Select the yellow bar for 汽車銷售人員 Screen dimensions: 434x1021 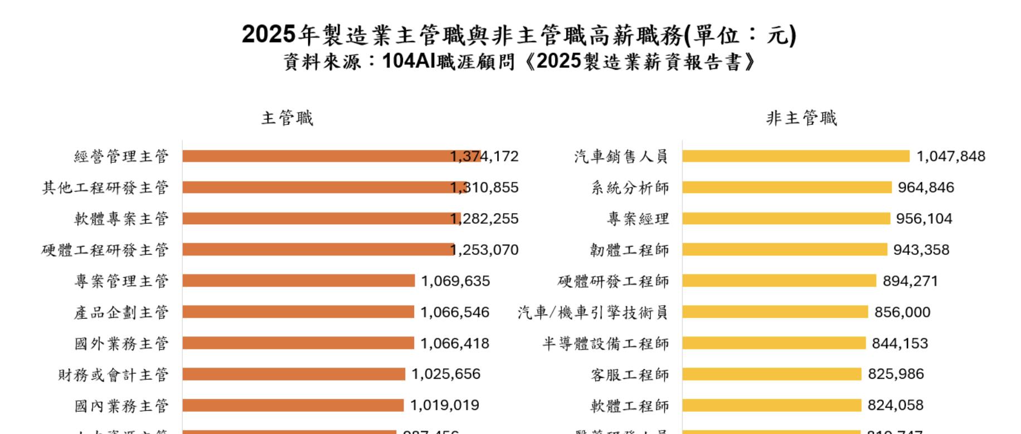[x=795, y=156]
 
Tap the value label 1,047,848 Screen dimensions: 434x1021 [x=951, y=156]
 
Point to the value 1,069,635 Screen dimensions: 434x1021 [x=455, y=281]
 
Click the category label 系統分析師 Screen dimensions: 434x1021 [x=630, y=187]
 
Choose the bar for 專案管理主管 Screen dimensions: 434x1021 [x=298, y=281]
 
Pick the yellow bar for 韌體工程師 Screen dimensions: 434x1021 [x=784, y=249]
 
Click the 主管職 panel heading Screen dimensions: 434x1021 [x=287, y=118]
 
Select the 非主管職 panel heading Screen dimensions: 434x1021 [x=801, y=118]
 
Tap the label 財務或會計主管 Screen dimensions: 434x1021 [x=113, y=375]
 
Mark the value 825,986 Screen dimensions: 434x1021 [x=896, y=374]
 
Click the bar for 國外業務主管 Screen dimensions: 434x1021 [x=298, y=343]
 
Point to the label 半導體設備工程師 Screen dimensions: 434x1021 [x=606, y=344]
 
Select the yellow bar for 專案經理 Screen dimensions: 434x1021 [x=786, y=219]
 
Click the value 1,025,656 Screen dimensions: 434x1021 [x=446, y=374]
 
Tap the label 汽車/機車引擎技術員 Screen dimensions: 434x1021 [x=592, y=312]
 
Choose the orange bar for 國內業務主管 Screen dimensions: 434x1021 [x=293, y=406]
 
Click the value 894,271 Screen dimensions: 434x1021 [x=910, y=281]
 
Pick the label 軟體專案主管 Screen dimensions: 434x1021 [x=121, y=219]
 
